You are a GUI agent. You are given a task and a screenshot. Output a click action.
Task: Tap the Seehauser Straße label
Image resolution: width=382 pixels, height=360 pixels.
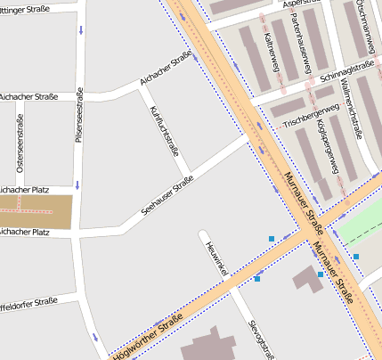(x=167, y=197)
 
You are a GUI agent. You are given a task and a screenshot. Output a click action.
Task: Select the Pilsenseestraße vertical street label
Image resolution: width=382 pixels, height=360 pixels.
(x=80, y=115)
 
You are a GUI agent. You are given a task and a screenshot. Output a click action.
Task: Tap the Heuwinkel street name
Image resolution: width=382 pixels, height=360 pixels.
(x=216, y=258)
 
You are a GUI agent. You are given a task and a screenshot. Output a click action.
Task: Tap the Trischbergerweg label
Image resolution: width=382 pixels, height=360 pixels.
(x=311, y=112)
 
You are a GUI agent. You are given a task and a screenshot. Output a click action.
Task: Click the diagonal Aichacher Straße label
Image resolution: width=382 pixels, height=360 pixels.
(x=166, y=70)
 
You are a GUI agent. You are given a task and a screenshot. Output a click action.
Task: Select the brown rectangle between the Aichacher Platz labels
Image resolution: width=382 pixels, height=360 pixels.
(x=35, y=210)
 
